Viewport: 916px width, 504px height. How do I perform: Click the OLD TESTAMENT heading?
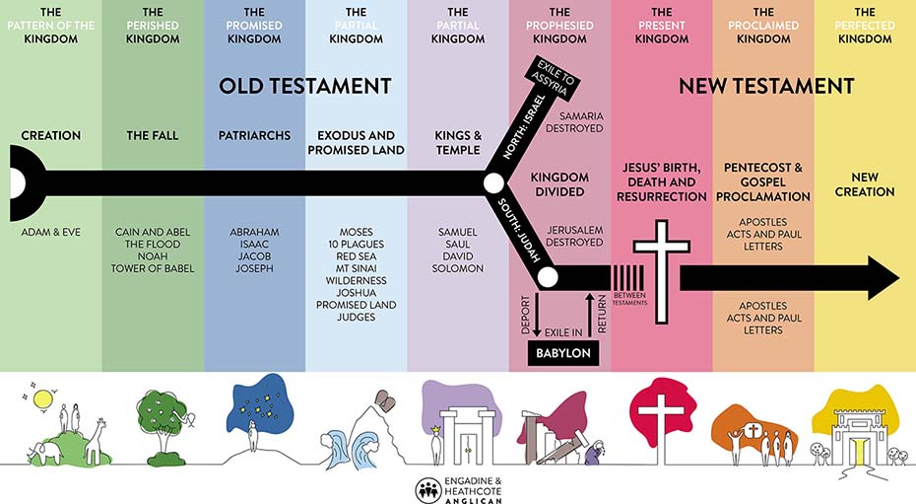click(x=305, y=86)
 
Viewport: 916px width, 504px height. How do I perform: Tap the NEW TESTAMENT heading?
click(x=766, y=86)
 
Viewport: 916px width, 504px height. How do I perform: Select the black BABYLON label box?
click(x=563, y=353)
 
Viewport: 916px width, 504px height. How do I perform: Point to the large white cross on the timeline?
click(x=661, y=271)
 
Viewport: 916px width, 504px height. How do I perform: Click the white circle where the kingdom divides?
click(x=493, y=183)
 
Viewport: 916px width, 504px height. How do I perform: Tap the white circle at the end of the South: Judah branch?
click(x=548, y=277)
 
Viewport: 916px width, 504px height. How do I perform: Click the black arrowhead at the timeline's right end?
click(x=883, y=278)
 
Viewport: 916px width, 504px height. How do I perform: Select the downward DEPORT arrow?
click(x=537, y=316)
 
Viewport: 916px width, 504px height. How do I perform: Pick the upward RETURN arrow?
click(x=589, y=315)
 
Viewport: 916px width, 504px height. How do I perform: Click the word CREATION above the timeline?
click(x=51, y=136)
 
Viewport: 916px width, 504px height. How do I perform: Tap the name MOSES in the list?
click(x=356, y=232)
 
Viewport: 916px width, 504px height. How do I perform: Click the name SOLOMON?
click(x=457, y=268)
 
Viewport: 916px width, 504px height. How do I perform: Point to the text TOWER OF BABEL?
click(x=153, y=268)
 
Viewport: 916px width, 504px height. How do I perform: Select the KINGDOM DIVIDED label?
click(x=559, y=184)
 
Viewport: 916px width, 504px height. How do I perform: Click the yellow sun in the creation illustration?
click(x=42, y=399)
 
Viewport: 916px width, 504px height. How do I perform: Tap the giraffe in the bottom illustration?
click(x=97, y=442)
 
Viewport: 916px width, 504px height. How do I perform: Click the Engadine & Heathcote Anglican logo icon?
click(x=428, y=490)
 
